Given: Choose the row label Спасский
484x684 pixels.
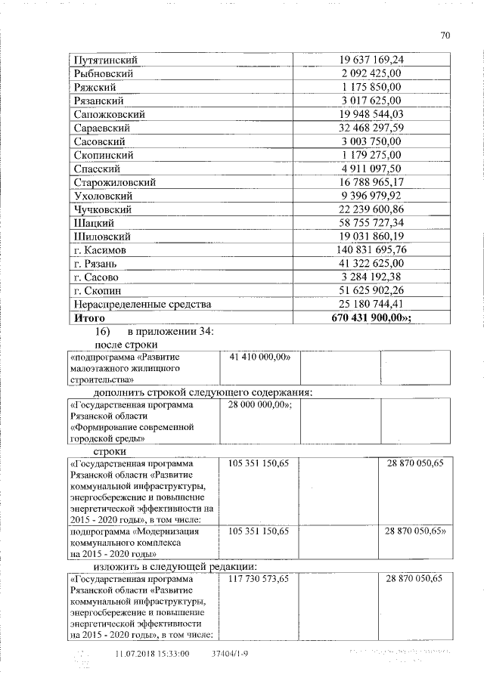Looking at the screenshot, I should coord(97,169).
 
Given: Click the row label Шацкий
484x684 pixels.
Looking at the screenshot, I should coord(94,223).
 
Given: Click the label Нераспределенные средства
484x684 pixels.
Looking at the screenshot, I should coord(140,305).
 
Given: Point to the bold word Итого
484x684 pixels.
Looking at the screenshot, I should coord(89,318).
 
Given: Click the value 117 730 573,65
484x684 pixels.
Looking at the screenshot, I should coord(259,578).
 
